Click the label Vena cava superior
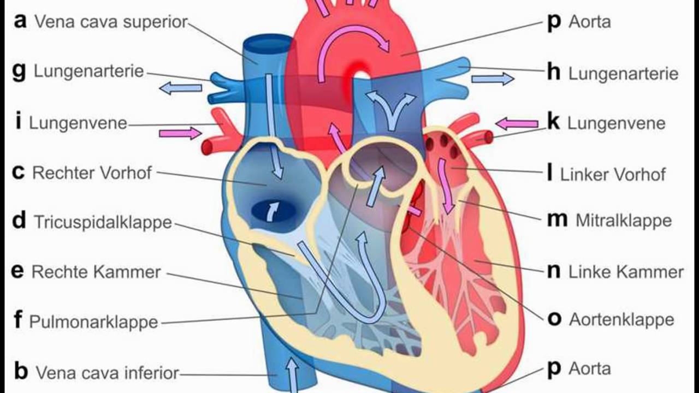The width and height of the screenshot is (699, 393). click(x=111, y=22)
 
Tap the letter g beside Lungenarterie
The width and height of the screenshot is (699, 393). click(x=19, y=71)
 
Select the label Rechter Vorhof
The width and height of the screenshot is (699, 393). click(x=92, y=173)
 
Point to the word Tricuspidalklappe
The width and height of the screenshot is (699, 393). click(x=103, y=222)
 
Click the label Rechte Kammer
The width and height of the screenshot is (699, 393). click(x=96, y=272)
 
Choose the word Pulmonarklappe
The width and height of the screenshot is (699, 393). click(x=93, y=321)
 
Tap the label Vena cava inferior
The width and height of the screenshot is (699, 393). click(x=107, y=373)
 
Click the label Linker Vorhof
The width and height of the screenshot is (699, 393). click(x=613, y=175)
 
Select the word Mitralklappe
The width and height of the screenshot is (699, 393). click(x=624, y=221)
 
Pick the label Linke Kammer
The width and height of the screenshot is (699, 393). click(x=626, y=272)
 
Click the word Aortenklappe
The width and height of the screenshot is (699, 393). click(x=621, y=319)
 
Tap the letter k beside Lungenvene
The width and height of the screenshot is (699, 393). click(x=553, y=122)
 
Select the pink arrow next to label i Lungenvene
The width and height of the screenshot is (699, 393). click(x=180, y=133)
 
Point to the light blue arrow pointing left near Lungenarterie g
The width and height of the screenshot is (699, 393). click(x=181, y=87)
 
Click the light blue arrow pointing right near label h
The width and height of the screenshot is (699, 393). click(x=492, y=79)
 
